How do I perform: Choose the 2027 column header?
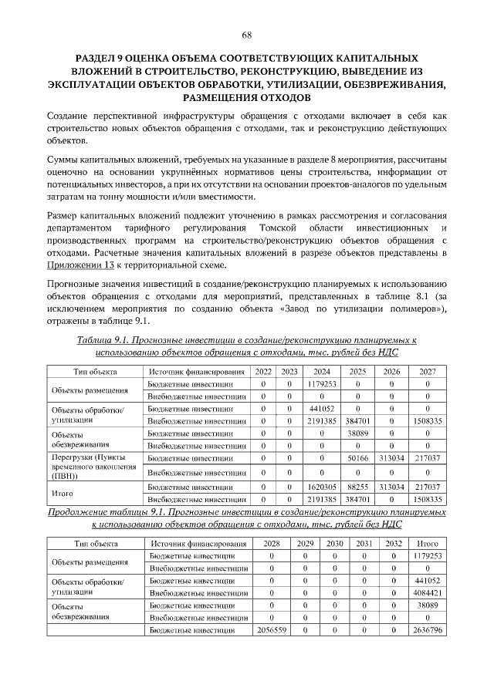pos(428,371)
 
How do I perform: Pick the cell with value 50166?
pos(357,457)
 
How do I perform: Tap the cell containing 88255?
pos(357,487)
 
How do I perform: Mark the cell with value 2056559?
pos(271,630)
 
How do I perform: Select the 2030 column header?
pos(334,543)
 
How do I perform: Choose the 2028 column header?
pos(271,543)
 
